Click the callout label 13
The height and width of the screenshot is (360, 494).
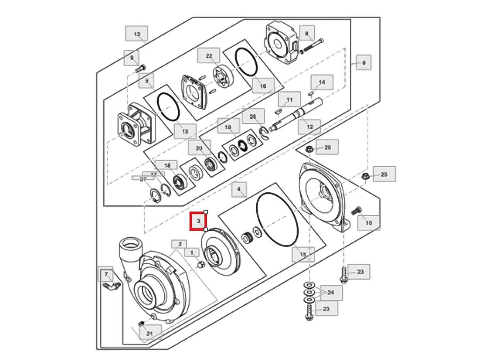click(137, 34)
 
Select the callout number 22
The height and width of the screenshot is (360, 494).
click(209, 56)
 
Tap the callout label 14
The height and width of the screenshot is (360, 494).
click(321, 82)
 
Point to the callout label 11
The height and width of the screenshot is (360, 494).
click(290, 100)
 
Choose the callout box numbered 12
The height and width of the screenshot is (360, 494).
click(310, 127)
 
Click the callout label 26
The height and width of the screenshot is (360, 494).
click(253, 116)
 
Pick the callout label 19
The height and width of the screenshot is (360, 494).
click(228, 127)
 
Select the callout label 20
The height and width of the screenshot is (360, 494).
click(199, 149)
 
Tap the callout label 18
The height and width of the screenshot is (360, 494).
click(167, 166)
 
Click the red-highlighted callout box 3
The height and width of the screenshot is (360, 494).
click(199, 221)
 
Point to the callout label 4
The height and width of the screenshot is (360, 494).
click(239, 189)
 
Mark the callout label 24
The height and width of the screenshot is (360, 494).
click(331, 292)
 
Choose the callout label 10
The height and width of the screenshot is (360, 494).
click(368, 222)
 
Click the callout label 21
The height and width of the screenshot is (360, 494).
click(149, 333)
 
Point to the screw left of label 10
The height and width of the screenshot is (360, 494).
click(356, 211)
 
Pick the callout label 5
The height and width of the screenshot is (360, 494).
click(146, 81)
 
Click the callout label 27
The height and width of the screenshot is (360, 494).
click(143, 179)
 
